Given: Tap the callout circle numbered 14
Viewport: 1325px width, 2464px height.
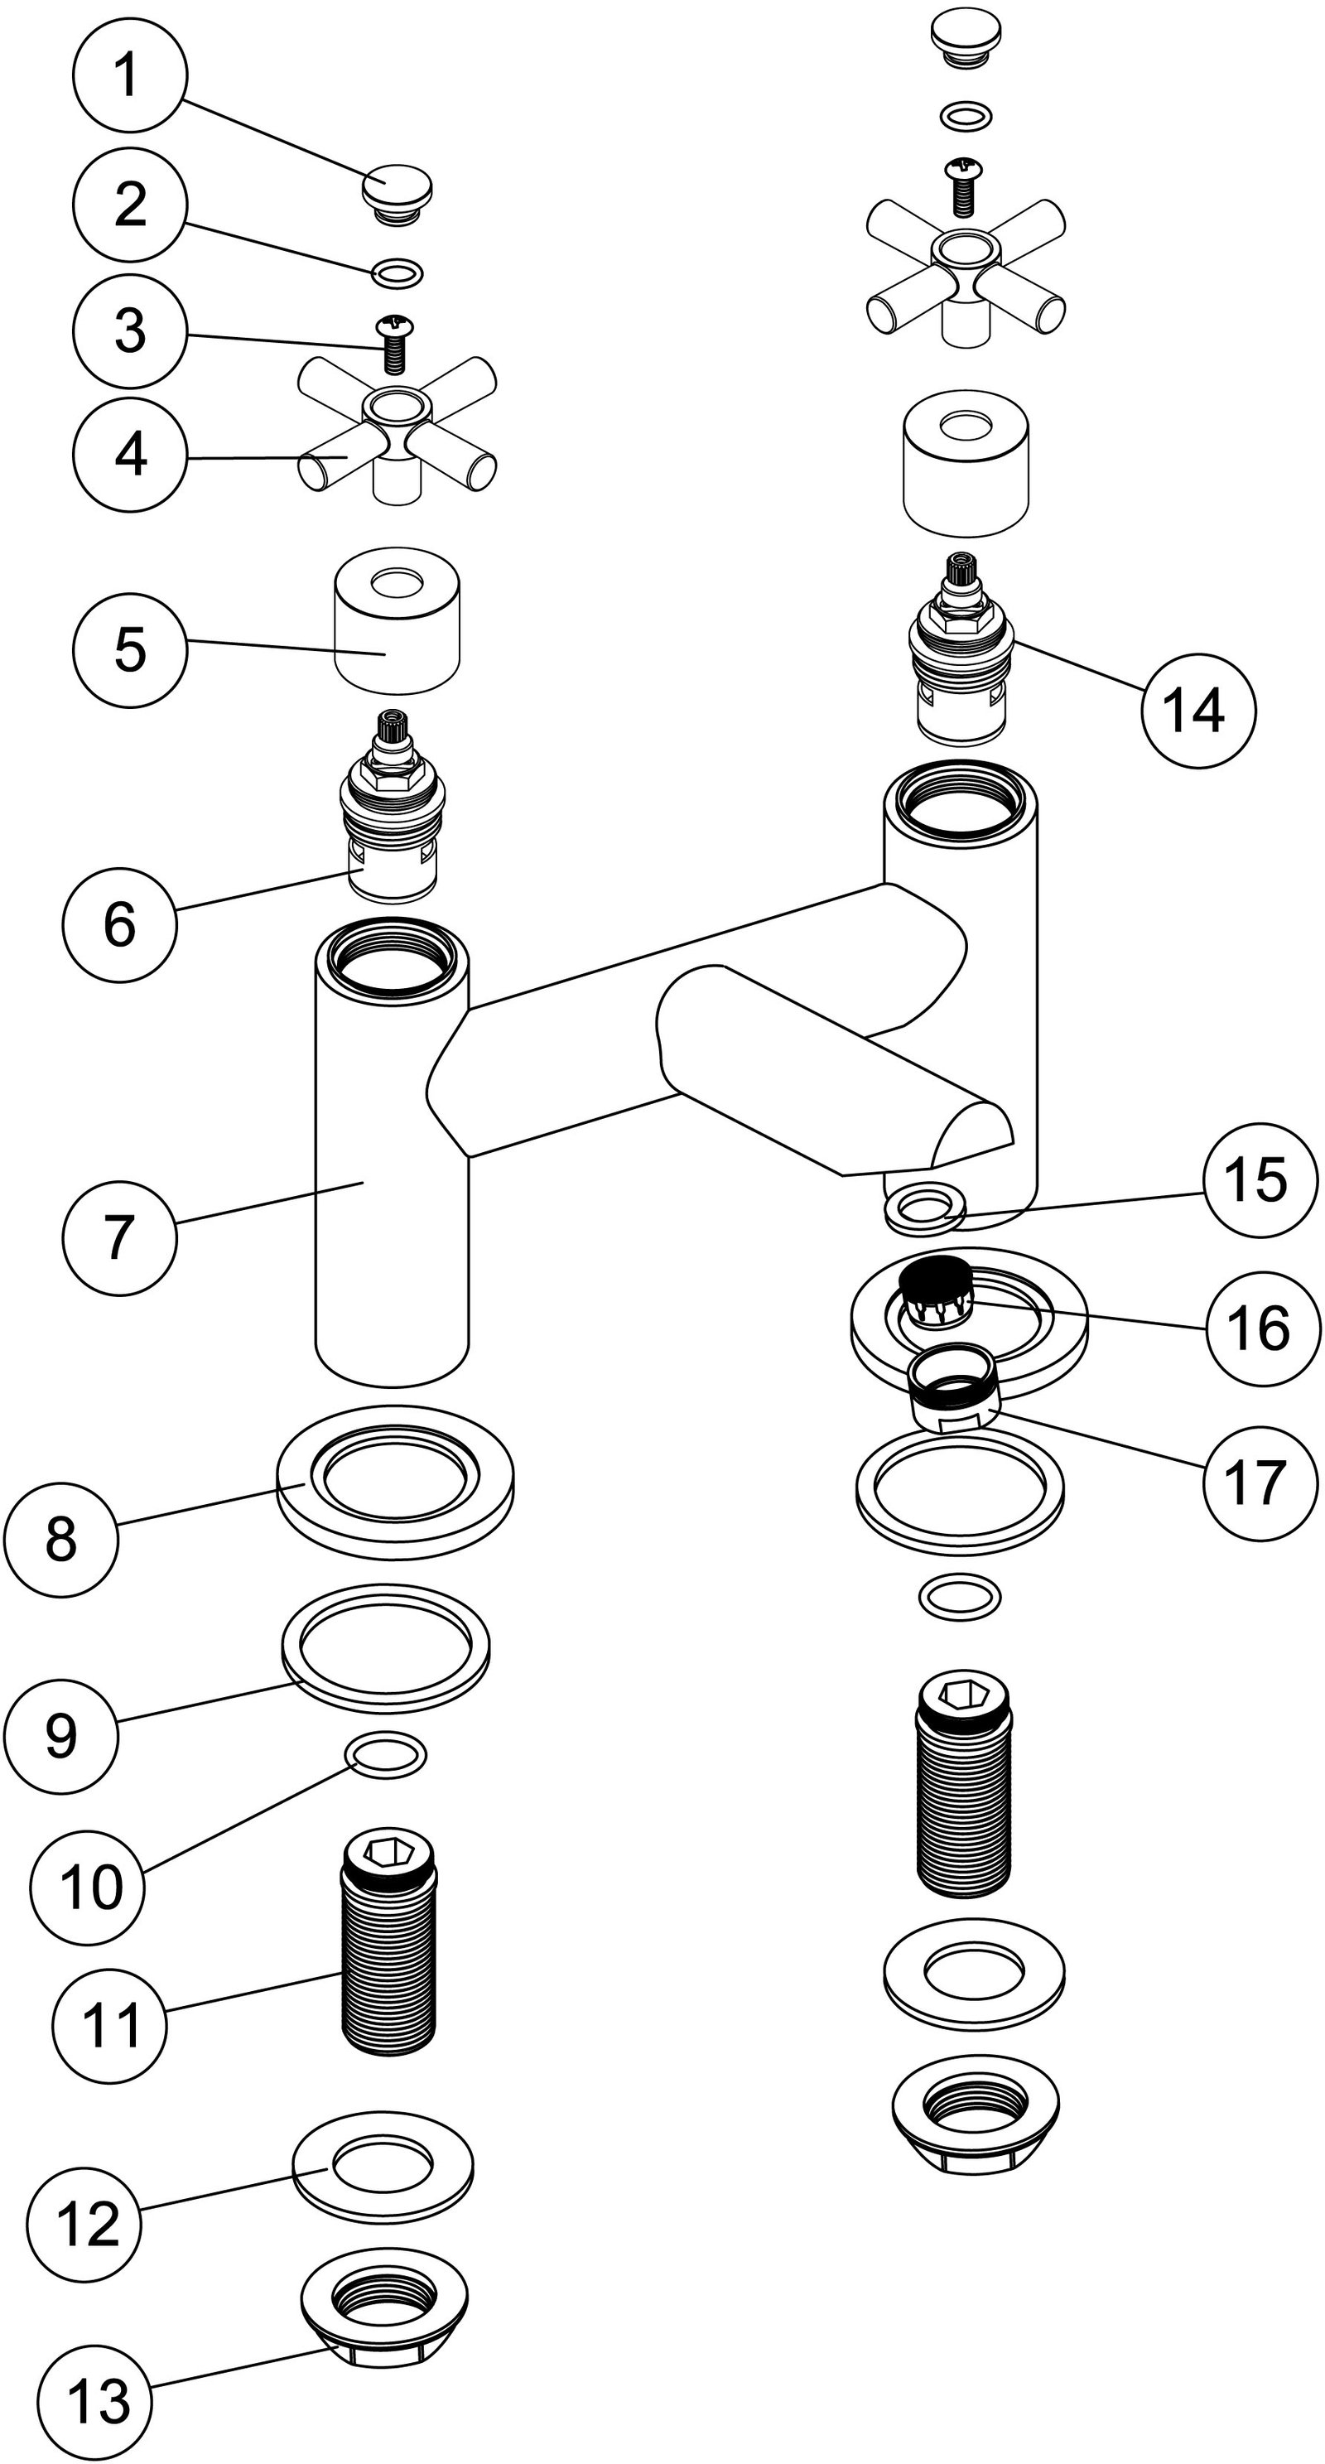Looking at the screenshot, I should click(1197, 711).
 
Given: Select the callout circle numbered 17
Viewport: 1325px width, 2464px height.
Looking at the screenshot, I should click(1257, 1482).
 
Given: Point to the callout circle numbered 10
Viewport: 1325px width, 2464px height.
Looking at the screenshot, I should click(88, 1885).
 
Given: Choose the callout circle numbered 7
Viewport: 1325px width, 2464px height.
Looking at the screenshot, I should click(119, 1237).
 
